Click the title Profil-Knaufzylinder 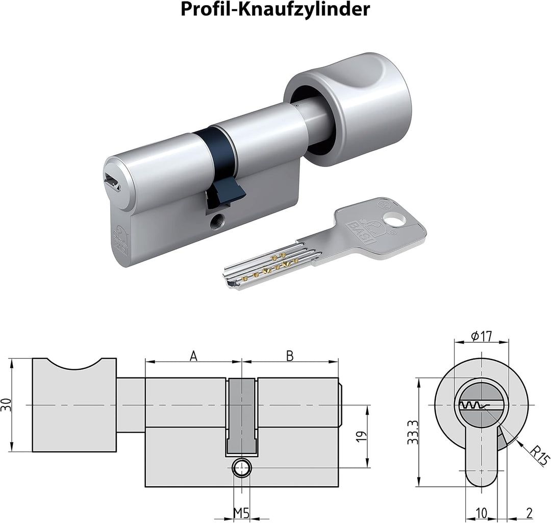275,9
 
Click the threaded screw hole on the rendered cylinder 215,222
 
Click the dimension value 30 6,405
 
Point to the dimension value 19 362,436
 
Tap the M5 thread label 241,514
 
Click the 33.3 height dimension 413,433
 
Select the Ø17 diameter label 482,336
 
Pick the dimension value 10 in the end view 482,513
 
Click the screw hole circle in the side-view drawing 241,468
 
